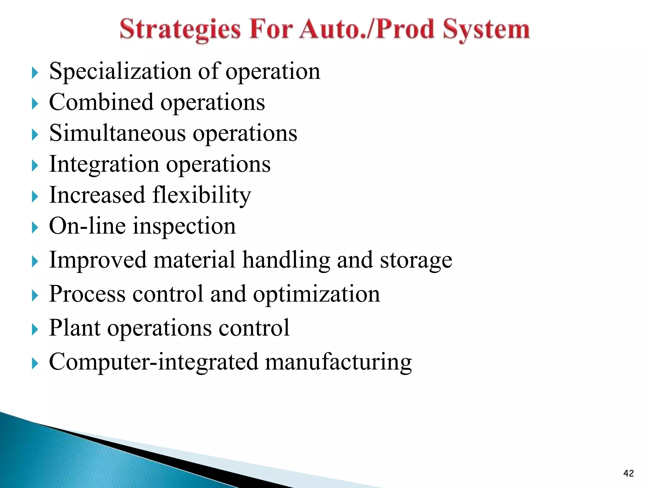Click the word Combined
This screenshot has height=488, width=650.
101,102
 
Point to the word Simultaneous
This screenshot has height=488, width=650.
117,133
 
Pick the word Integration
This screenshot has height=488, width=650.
104,164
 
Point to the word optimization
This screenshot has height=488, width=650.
316,294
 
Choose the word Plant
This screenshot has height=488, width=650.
75,328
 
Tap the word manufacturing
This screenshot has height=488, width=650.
338,362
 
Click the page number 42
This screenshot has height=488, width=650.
628,473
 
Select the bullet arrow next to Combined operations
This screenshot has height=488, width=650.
35,104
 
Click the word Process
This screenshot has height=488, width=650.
87,294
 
